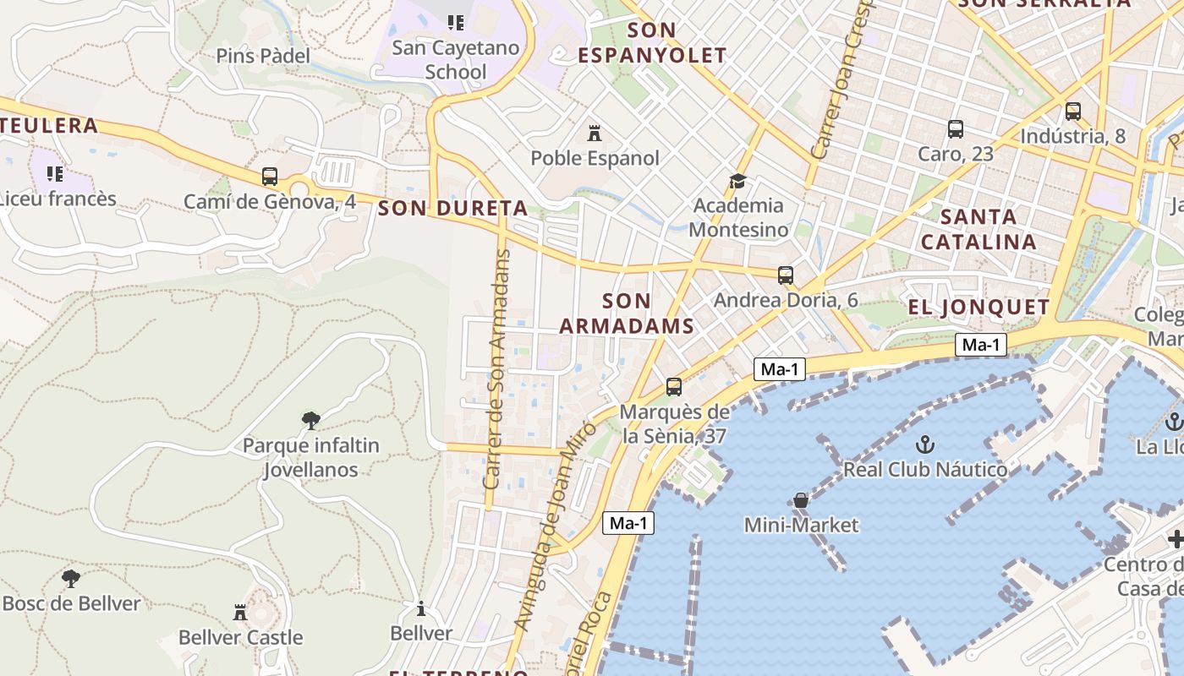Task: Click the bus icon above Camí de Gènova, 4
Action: pos(270,177)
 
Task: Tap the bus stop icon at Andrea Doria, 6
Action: pos(786,275)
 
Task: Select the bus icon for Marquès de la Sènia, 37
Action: pos(674,387)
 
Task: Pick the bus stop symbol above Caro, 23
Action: pos(956,129)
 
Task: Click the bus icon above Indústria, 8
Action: pos(1073,111)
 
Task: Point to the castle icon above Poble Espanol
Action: pos(595,133)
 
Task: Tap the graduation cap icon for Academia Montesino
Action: pos(738,181)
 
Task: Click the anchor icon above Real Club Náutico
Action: pos(925,444)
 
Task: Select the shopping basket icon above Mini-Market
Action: pos(801,500)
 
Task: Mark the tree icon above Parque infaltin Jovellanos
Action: pos(310,420)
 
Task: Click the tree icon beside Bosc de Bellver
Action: pos(71,579)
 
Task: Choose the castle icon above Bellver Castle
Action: pos(240,612)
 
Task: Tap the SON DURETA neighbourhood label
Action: pos(453,208)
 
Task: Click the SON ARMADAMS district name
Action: pos(627,313)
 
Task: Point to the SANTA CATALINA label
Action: pos(978,229)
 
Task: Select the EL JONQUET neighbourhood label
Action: pos(978,307)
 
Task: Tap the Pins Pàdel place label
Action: pos(263,56)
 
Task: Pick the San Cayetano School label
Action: pos(456,59)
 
